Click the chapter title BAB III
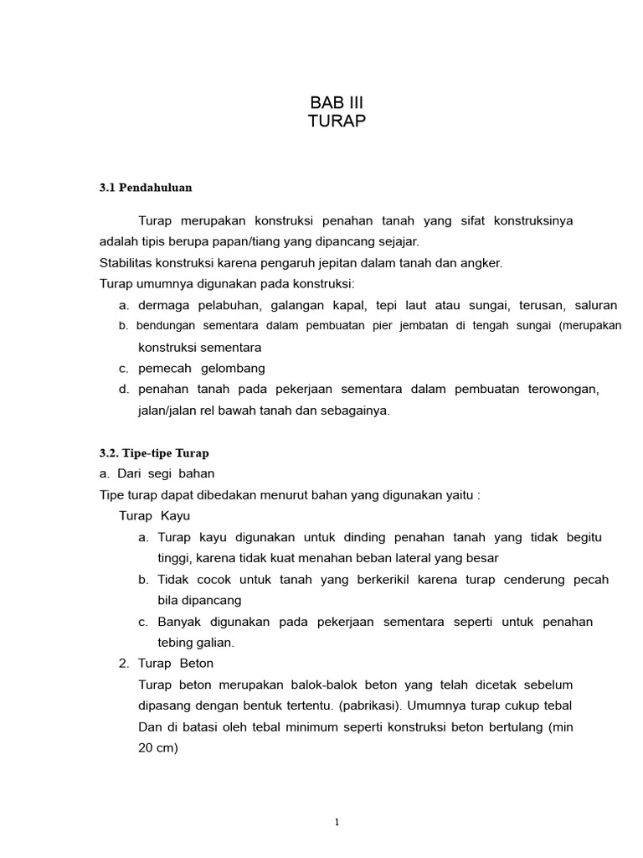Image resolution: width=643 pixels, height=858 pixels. click(x=337, y=103)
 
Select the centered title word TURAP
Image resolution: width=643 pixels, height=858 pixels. click(x=337, y=121)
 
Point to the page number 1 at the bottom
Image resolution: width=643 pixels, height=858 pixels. click(x=337, y=822)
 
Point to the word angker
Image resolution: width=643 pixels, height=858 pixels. click(x=481, y=263)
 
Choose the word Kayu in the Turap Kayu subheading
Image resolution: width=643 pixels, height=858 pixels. click(x=176, y=516)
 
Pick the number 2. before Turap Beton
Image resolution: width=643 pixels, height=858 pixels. click(x=124, y=664)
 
